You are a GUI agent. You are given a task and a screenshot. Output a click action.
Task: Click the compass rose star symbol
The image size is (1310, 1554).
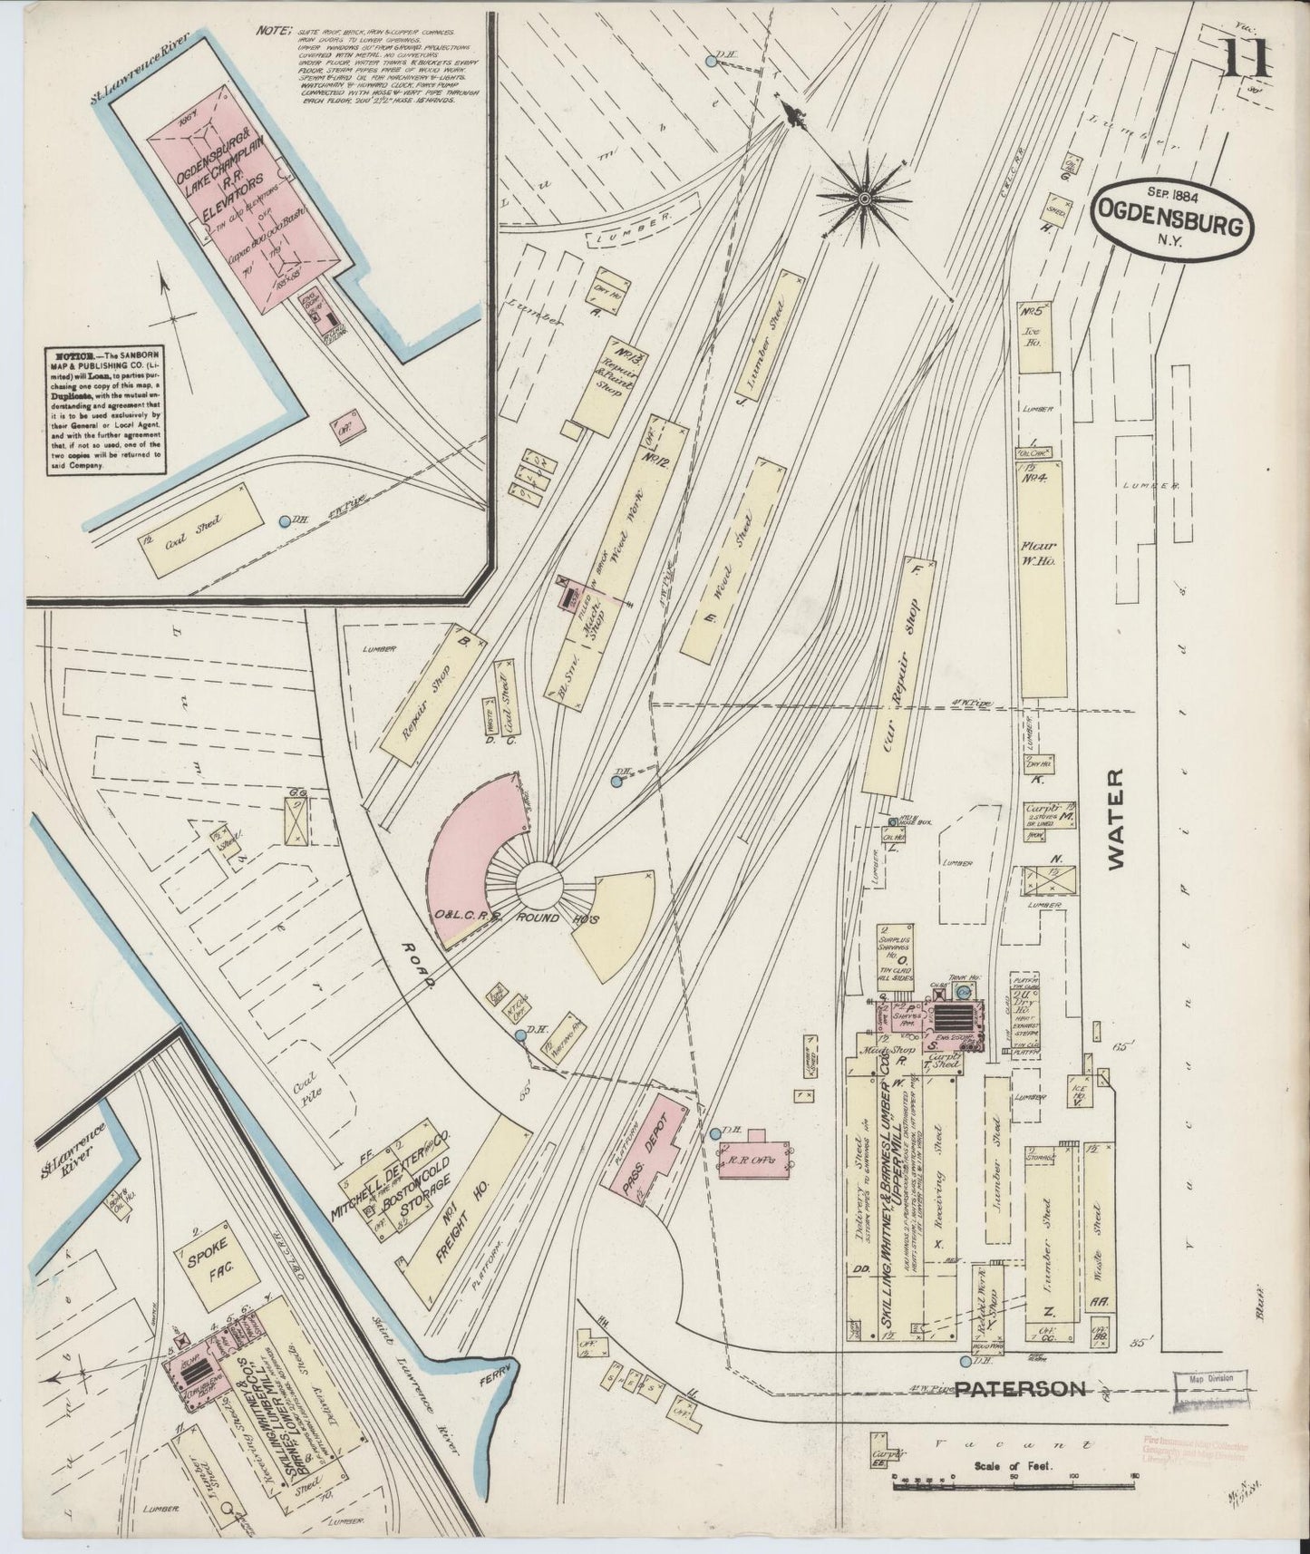[x=864, y=196]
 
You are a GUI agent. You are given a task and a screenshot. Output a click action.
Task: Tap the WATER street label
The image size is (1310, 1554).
[x=1115, y=820]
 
